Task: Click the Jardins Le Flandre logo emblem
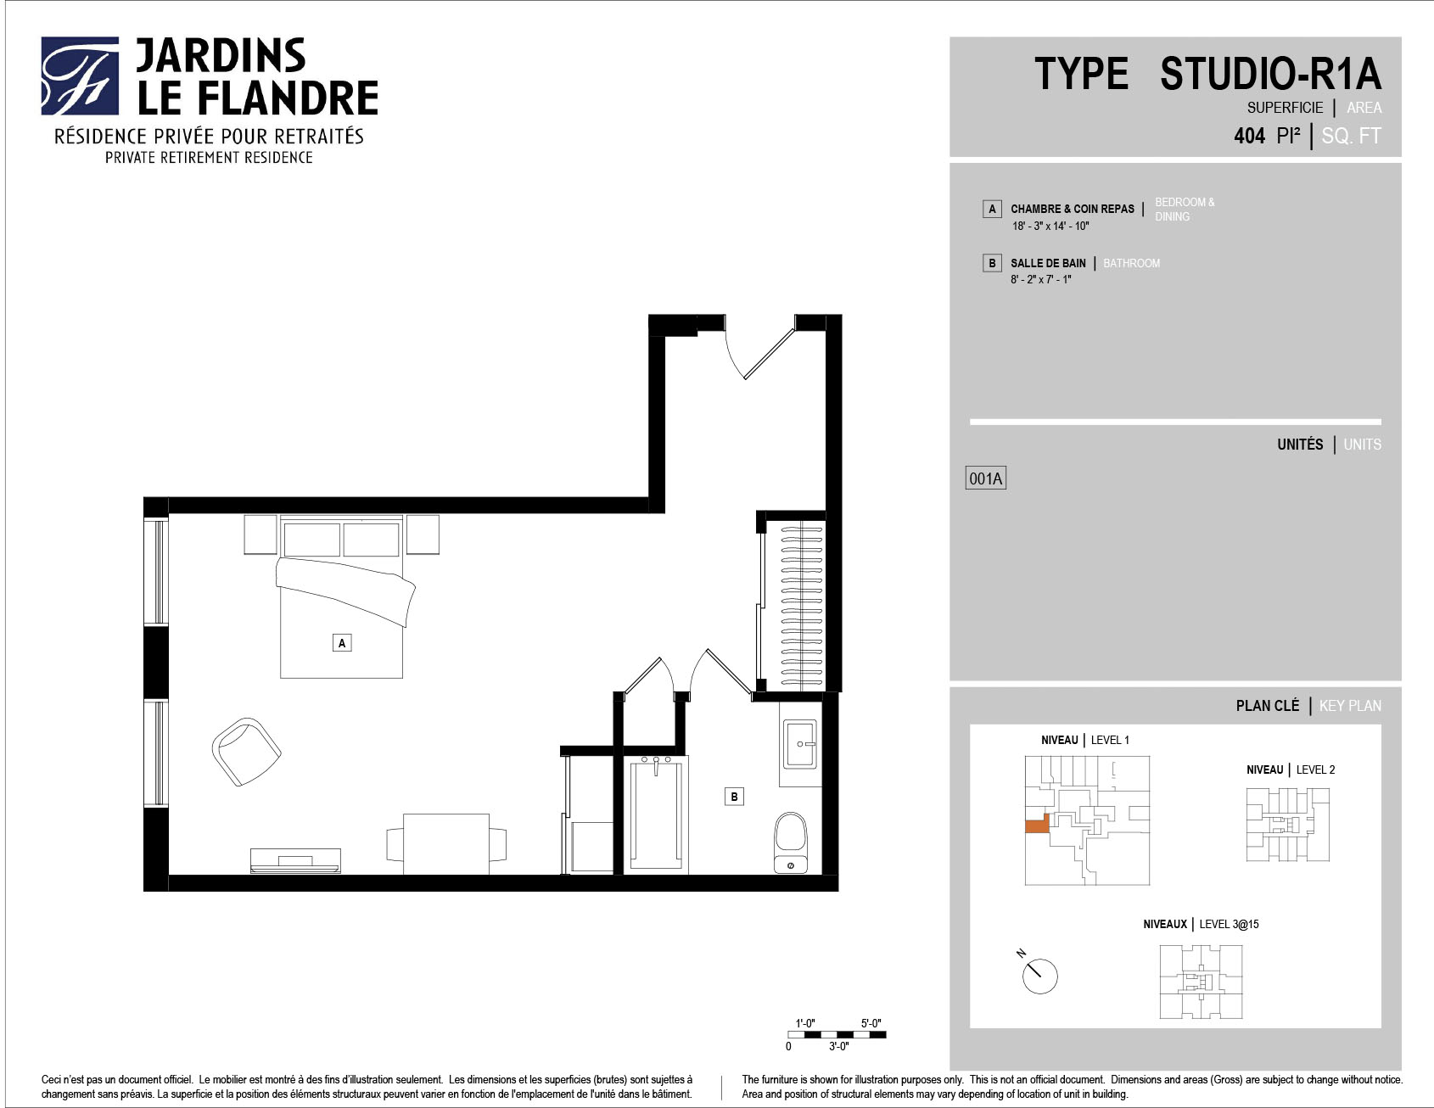pos(80,76)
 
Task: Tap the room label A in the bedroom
pos(342,643)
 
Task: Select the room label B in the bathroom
pos(734,796)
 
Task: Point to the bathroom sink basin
pos(799,744)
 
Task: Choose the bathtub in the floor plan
pos(656,813)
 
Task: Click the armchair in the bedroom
pos(246,752)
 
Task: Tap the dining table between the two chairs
pos(446,843)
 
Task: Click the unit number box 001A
pos(985,478)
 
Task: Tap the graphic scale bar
pos(837,1034)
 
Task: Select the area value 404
pos(1249,136)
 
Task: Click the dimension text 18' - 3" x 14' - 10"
pos(1050,227)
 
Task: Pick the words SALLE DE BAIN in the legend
pos(1048,263)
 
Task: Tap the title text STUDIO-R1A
pos(1270,73)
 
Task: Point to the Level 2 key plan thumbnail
pos(1287,825)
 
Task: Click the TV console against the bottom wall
pos(295,860)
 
